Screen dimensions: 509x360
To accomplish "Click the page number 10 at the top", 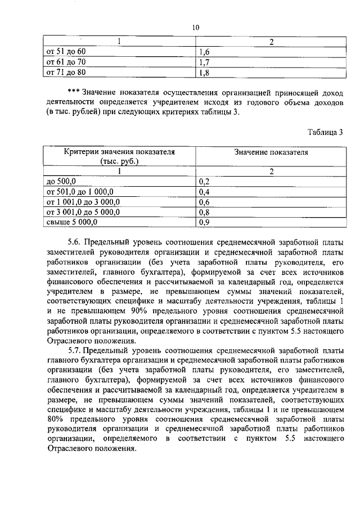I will point(195,27).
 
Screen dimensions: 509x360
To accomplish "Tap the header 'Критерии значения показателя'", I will point(119,152).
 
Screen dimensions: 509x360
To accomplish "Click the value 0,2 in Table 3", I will point(204,182).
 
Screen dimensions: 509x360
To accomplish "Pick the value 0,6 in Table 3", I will point(204,202).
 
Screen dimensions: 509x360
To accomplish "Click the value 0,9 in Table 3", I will point(204,222).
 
